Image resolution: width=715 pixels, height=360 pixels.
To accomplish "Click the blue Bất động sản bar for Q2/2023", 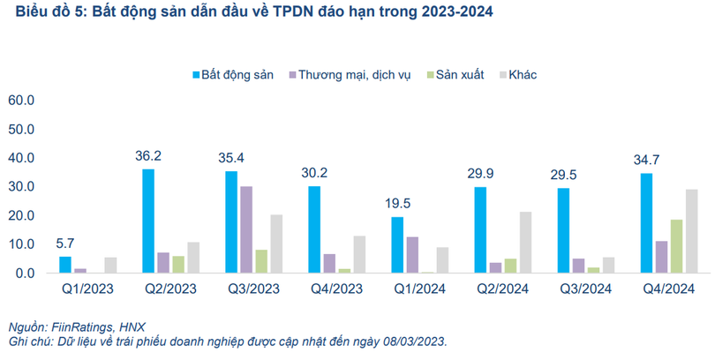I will click(148, 221).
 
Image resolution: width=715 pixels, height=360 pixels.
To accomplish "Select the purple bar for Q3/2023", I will click(246, 229).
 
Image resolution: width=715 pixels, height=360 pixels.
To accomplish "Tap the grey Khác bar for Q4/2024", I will click(691, 231).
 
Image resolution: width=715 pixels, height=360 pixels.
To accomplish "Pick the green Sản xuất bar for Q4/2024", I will click(676, 246).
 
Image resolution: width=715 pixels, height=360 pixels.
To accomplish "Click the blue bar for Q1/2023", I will click(65, 265).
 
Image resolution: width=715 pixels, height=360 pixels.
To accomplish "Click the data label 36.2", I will click(148, 156).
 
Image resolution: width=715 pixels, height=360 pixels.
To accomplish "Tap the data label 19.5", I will click(397, 205).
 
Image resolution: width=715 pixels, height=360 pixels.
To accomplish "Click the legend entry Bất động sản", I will click(232, 75).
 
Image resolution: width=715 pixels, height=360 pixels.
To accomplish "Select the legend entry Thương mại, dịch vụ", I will click(355, 75).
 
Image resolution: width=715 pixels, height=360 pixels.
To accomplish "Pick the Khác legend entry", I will click(523, 75).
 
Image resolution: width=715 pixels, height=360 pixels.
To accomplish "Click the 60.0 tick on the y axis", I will click(20, 101).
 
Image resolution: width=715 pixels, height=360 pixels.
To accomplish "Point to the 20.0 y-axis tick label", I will click(20, 215).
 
